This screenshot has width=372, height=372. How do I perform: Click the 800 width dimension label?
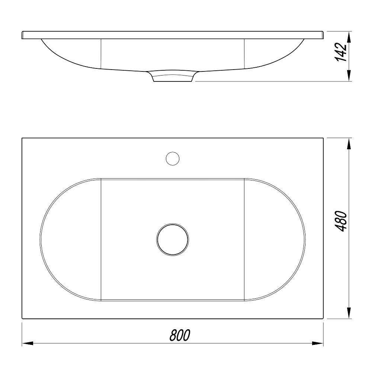click(x=180, y=335)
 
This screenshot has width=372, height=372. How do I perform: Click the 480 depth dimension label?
click(x=341, y=221)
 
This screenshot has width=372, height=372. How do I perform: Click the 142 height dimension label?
click(x=341, y=52)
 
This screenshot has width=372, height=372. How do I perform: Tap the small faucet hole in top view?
click(x=173, y=158)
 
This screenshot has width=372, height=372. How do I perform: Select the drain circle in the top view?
click(x=173, y=240)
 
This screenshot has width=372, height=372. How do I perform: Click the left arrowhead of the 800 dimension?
click(x=28, y=343)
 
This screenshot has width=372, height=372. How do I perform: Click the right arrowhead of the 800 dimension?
click(x=318, y=343)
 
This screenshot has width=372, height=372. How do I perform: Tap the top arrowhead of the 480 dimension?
click(x=349, y=144)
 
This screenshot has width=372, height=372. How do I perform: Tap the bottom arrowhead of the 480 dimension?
click(x=349, y=313)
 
